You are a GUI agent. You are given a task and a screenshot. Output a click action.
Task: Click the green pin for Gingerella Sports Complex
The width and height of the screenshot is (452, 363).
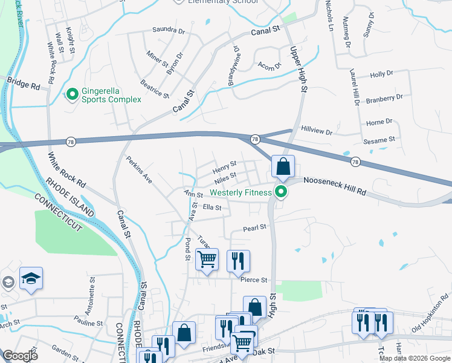click(73, 94)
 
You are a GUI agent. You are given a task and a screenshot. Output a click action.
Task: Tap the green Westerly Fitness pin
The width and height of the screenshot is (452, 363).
click(280, 194)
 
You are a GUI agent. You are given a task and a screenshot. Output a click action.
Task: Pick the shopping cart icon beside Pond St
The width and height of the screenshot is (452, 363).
click(207, 260)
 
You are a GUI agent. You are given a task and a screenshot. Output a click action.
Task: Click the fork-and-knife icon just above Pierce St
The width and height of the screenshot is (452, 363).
click(238, 260)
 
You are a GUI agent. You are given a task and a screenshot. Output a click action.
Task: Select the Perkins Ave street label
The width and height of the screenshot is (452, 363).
click(138, 170)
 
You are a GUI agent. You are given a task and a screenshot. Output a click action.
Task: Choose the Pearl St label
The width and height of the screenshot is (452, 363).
click(254, 228)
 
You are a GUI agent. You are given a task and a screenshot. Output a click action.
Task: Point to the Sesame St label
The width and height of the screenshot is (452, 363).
click(379, 139)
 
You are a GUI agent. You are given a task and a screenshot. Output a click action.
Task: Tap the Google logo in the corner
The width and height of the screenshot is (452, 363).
click(19, 356)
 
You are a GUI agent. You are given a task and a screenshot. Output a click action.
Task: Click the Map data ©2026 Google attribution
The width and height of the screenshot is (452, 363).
click(415, 358)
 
